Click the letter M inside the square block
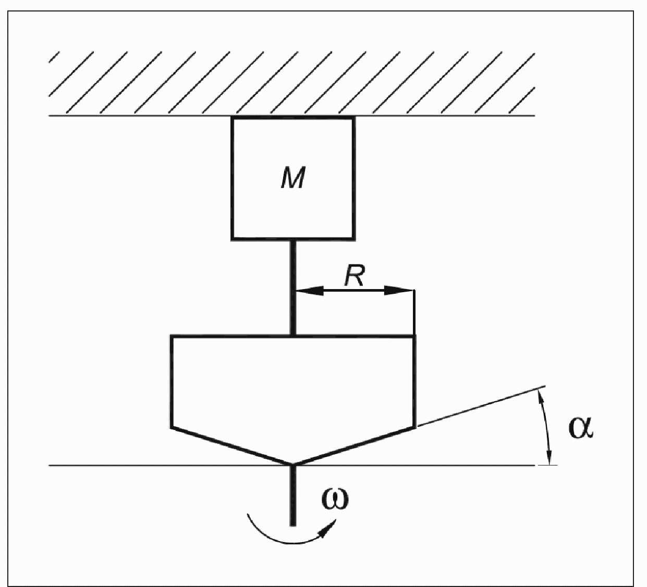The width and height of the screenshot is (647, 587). (292, 179)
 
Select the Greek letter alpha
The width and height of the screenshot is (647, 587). (580, 427)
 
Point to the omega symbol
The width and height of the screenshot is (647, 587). (335, 498)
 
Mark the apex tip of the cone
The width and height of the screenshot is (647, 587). (293, 463)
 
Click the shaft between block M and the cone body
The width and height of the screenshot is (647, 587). (293, 287)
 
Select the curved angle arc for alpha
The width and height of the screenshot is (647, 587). (547, 425)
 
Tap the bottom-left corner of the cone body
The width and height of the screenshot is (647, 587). (172, 427)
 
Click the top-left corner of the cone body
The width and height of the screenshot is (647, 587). (172, 337)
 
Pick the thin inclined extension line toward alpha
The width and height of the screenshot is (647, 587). (480, 406)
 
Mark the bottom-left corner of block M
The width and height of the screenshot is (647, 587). (233, 239)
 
